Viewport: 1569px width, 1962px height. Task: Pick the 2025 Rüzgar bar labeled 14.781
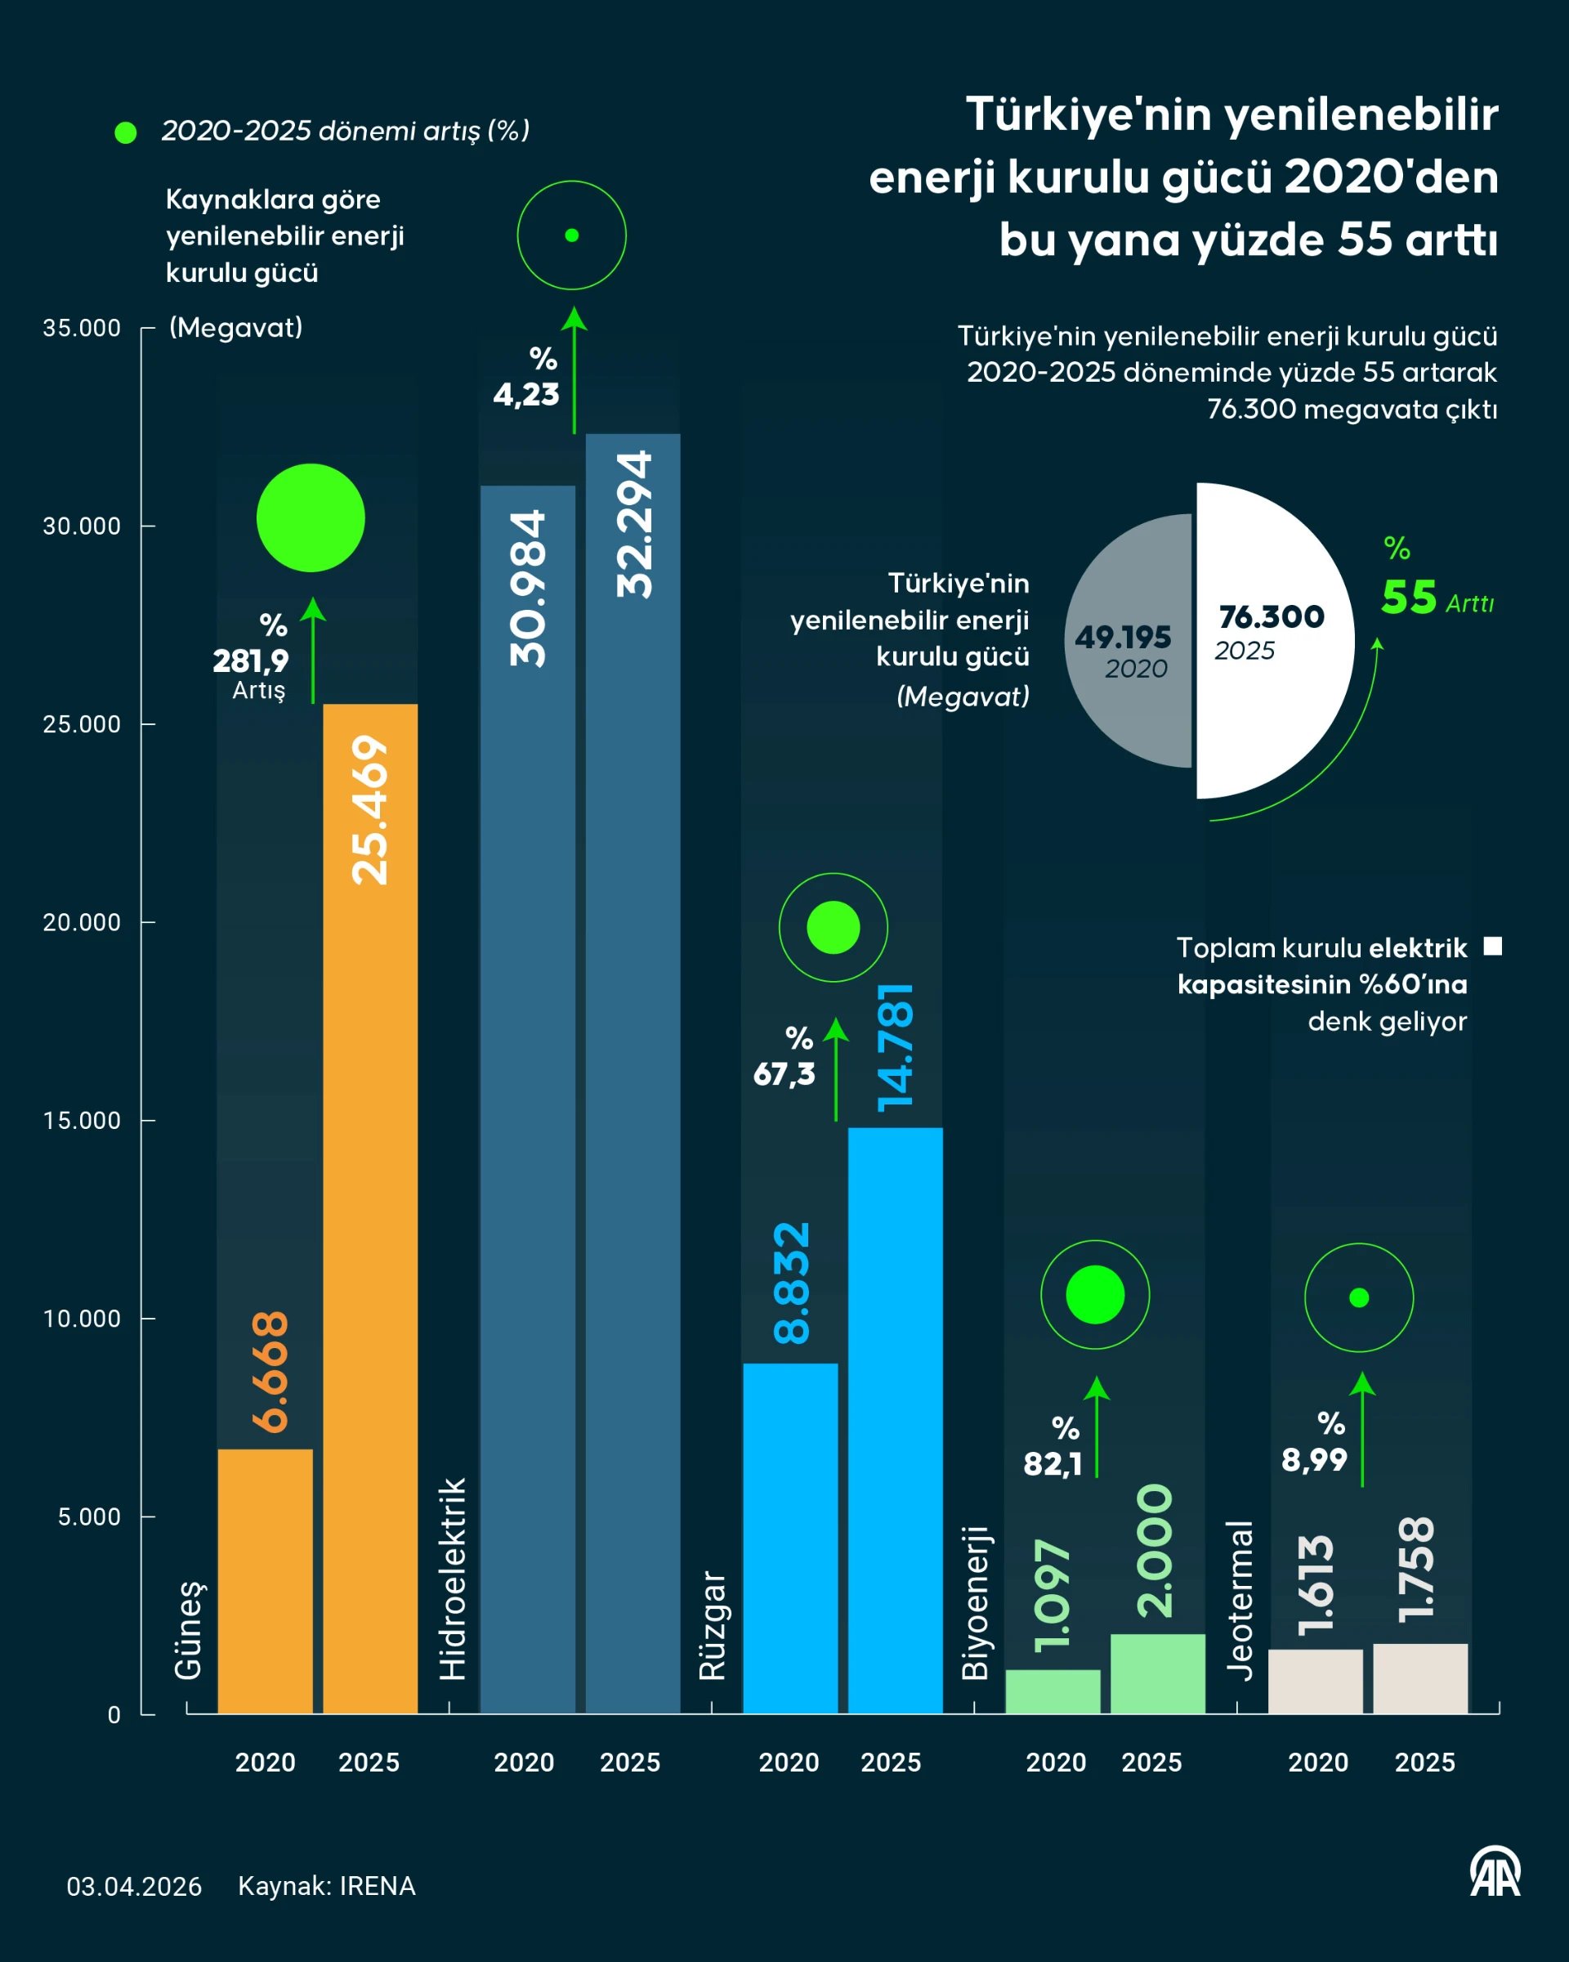pos(895,1420)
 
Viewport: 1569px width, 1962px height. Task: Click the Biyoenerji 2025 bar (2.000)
pos(1157,1674)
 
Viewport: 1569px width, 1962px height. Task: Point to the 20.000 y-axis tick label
pos(81,923)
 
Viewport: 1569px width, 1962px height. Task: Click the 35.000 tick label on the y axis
pos(81,329)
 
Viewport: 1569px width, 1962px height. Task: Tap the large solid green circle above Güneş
pos(311,517)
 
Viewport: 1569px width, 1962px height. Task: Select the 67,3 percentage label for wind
pos(784,1075)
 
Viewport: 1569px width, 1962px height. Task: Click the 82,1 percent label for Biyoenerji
pos(1053,1464)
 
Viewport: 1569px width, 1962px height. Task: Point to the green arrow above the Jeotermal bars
pos(1361,1429)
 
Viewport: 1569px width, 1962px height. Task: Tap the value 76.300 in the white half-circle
pos(1272,617)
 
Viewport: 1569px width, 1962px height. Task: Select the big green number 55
pos(1409,598)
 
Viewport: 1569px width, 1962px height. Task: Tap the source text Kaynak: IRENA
pos(327,1885)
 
